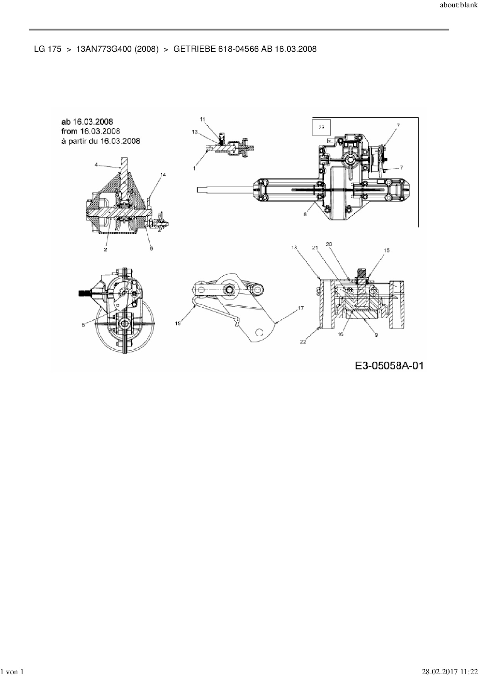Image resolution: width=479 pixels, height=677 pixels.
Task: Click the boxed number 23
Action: pos(321,127)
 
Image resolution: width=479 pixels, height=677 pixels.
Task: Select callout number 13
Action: pos(195,132)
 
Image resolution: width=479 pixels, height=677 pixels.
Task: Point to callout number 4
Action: pos(96,165)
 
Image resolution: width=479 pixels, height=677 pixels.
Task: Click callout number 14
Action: pos(163,175)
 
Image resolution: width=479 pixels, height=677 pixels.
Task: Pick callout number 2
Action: pos(105,249)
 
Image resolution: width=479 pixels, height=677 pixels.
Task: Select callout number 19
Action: pos(178,324)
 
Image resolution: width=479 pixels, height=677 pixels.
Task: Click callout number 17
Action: pos(301,308)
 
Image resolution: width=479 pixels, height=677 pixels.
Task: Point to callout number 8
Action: pos(305,214)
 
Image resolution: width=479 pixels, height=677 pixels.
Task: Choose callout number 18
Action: pos(294,247)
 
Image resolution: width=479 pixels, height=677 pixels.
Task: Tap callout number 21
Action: pos(315,248)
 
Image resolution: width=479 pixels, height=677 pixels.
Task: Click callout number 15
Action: pos(386,250)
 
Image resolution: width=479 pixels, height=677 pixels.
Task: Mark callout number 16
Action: pos(340,334)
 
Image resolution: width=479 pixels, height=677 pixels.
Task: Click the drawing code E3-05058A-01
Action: pos(389,365)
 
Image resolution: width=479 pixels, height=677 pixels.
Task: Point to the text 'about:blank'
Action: pos(459,5)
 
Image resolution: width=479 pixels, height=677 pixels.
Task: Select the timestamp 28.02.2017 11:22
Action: pos(449,672)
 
